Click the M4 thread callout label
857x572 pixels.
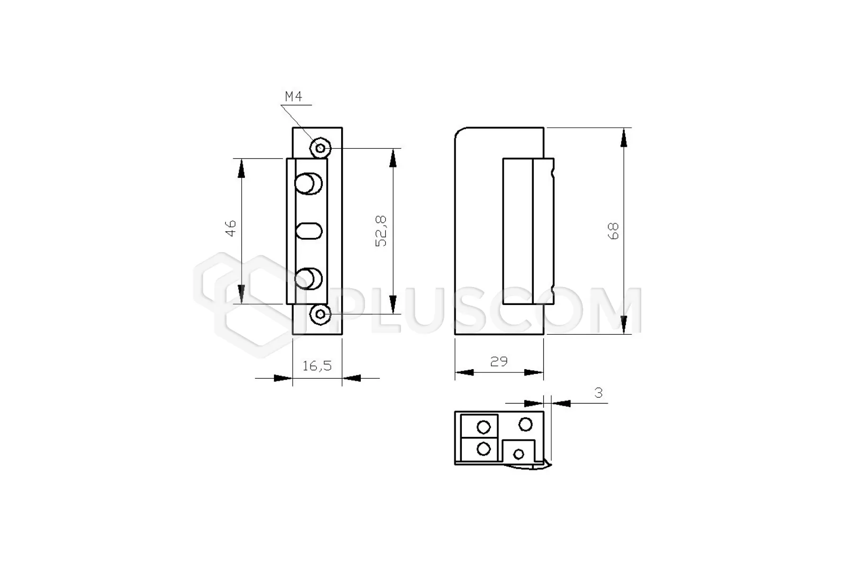point(294,96)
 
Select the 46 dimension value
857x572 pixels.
point(231,229)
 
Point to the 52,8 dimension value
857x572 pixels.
point(381,231)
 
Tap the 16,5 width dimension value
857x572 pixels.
point(317,367)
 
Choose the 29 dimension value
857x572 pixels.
point(499,362)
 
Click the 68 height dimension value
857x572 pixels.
point(613,231)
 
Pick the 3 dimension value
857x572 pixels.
point(599,392)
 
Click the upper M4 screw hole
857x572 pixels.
point(321,148)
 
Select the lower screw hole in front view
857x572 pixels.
point(320,315)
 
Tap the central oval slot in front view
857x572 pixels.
point(309,231)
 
